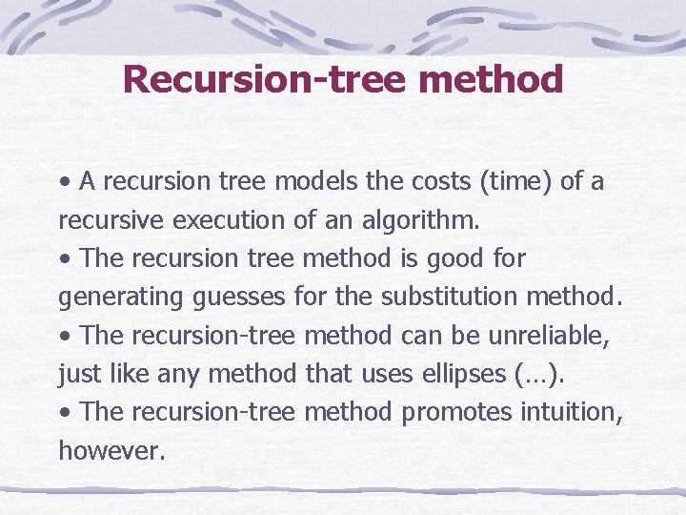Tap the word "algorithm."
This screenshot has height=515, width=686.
[423, 220]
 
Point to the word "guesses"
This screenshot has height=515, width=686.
[238, 298]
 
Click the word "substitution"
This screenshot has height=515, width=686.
[449, 298]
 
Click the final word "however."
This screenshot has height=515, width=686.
[112, 450]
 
